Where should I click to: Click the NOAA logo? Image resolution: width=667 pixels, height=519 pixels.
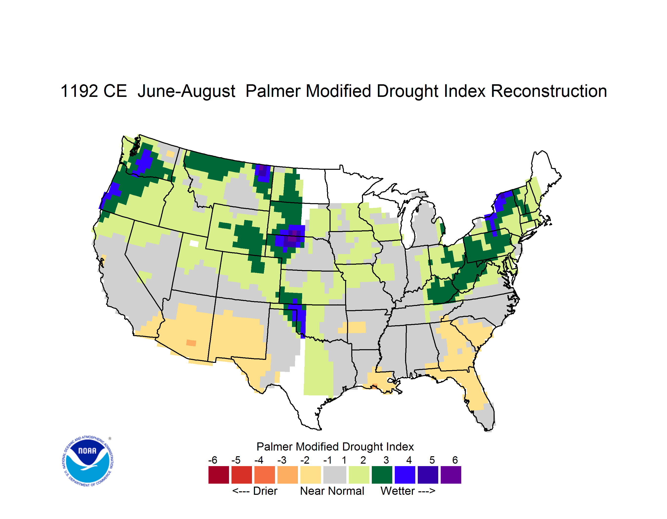88,461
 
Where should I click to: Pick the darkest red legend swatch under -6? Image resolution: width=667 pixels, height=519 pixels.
219,475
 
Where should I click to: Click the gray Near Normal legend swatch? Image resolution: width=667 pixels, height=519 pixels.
335,475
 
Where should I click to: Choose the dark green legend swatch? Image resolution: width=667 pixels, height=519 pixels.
382,475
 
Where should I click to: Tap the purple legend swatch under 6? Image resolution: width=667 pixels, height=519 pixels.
451,475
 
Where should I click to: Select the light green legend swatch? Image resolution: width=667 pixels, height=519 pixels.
359,475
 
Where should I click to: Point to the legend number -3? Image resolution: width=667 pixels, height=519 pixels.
282,460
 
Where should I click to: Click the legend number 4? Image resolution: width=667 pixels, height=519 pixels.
409,460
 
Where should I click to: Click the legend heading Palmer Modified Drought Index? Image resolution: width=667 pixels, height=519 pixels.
335,447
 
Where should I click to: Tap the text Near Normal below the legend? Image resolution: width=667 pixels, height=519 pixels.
332,491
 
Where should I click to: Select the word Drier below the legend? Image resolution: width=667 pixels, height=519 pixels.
265,491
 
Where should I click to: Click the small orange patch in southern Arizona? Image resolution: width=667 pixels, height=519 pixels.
191,343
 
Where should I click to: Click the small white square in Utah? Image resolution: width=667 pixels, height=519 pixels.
194,243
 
